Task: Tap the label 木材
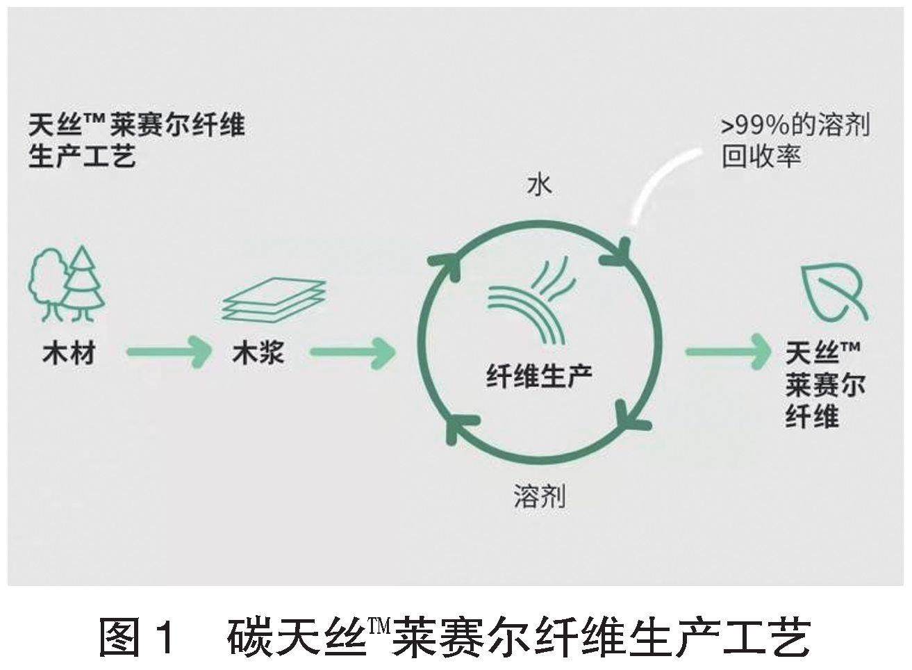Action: [68, 354]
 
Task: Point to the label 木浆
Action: [258, 354]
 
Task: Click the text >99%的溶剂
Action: [795, 126]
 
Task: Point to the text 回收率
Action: [761, 156]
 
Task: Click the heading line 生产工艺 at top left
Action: [82, 156]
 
